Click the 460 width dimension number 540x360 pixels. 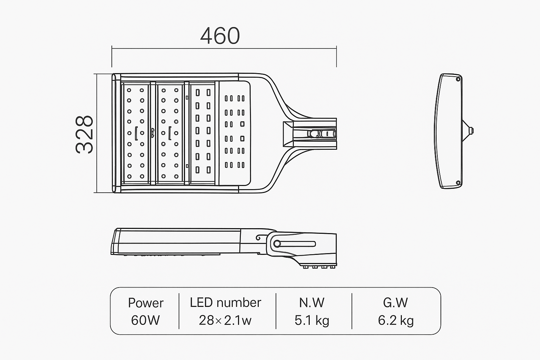(x=220, y=36)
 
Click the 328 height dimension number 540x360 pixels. (x=85, y=134)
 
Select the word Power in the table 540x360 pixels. (x=146, y=303)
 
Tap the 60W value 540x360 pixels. (x=145, y=320)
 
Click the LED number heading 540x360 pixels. (x=225, y=303)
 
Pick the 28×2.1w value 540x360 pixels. (x=225, y=320)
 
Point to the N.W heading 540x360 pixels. (x=312, y=303)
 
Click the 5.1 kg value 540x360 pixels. (x=312, y=320)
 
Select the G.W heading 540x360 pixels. (x=396, y=303)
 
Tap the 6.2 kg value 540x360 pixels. (x=396, y=320)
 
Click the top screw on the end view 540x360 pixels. (x=458, y=79)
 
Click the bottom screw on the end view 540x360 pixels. (x=458, y=182)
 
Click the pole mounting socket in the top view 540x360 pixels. (x=309, y=134)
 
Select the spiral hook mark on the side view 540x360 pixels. (x=259, y=238)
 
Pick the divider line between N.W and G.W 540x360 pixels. (x=352, y=311)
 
